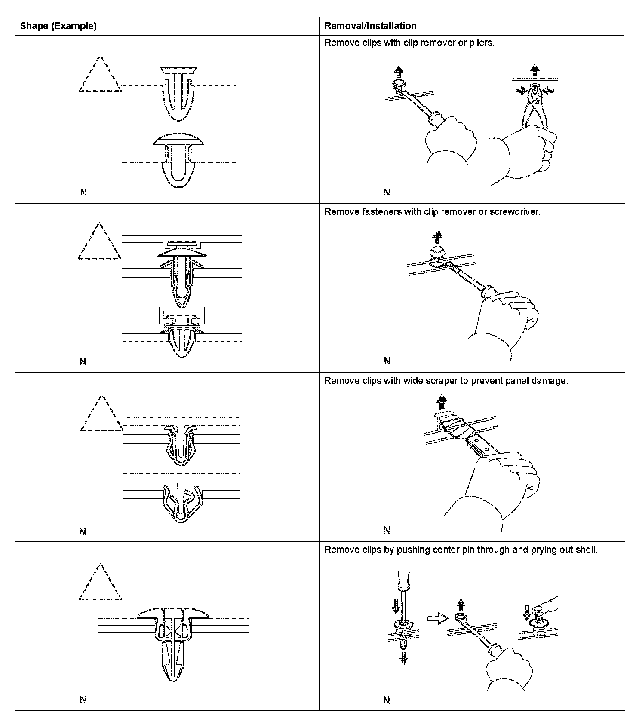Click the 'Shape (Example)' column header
pyautogui.click(x=58, y=26)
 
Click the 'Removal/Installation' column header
pyautogui.click(x=370, y=26)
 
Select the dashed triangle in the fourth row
pyautogui.click(x=100, y=584)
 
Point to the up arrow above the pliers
pyautogui.click(x=535, y=70)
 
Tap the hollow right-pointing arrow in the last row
pyautogui.click(x=437, y=618)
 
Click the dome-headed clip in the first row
pyautogui.click(x=178, y=159)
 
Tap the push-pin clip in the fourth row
pyautogui.click(x=173, y=640)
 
